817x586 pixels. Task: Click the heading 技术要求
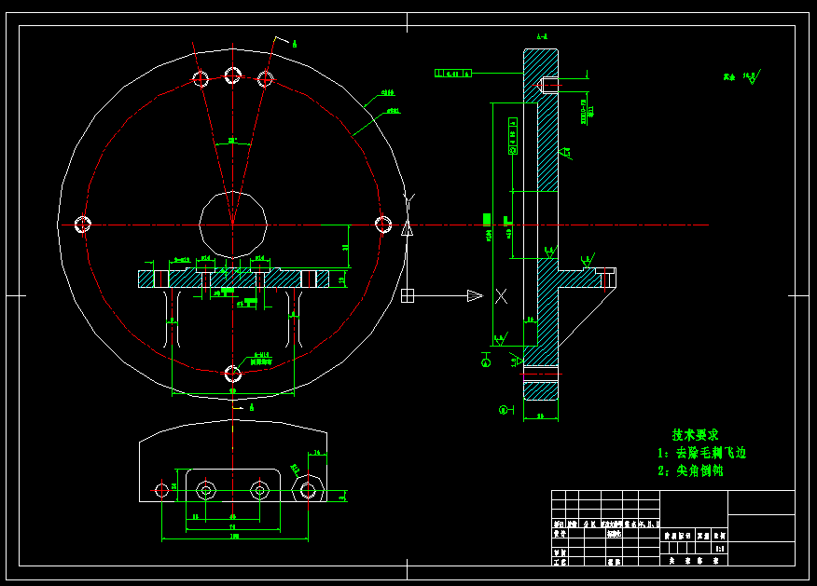point(696,435)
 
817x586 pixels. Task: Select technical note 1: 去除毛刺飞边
point(702,453)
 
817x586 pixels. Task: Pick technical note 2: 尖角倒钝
point(691,471)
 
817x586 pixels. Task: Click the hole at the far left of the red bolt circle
point(83,224)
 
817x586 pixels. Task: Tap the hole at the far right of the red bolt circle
point(383,224)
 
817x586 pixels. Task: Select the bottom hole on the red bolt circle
point(233,375)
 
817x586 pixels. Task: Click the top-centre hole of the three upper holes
point(233,75)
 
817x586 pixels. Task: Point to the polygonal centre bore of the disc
point(233,223)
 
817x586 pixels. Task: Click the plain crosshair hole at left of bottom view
point(161,488)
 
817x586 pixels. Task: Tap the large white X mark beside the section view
point(501,296)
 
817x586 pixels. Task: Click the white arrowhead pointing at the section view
point(474,296)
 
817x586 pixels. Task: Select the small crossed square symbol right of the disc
point(408,296)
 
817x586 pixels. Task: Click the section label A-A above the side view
point(541,37)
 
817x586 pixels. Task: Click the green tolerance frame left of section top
point(453,73)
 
